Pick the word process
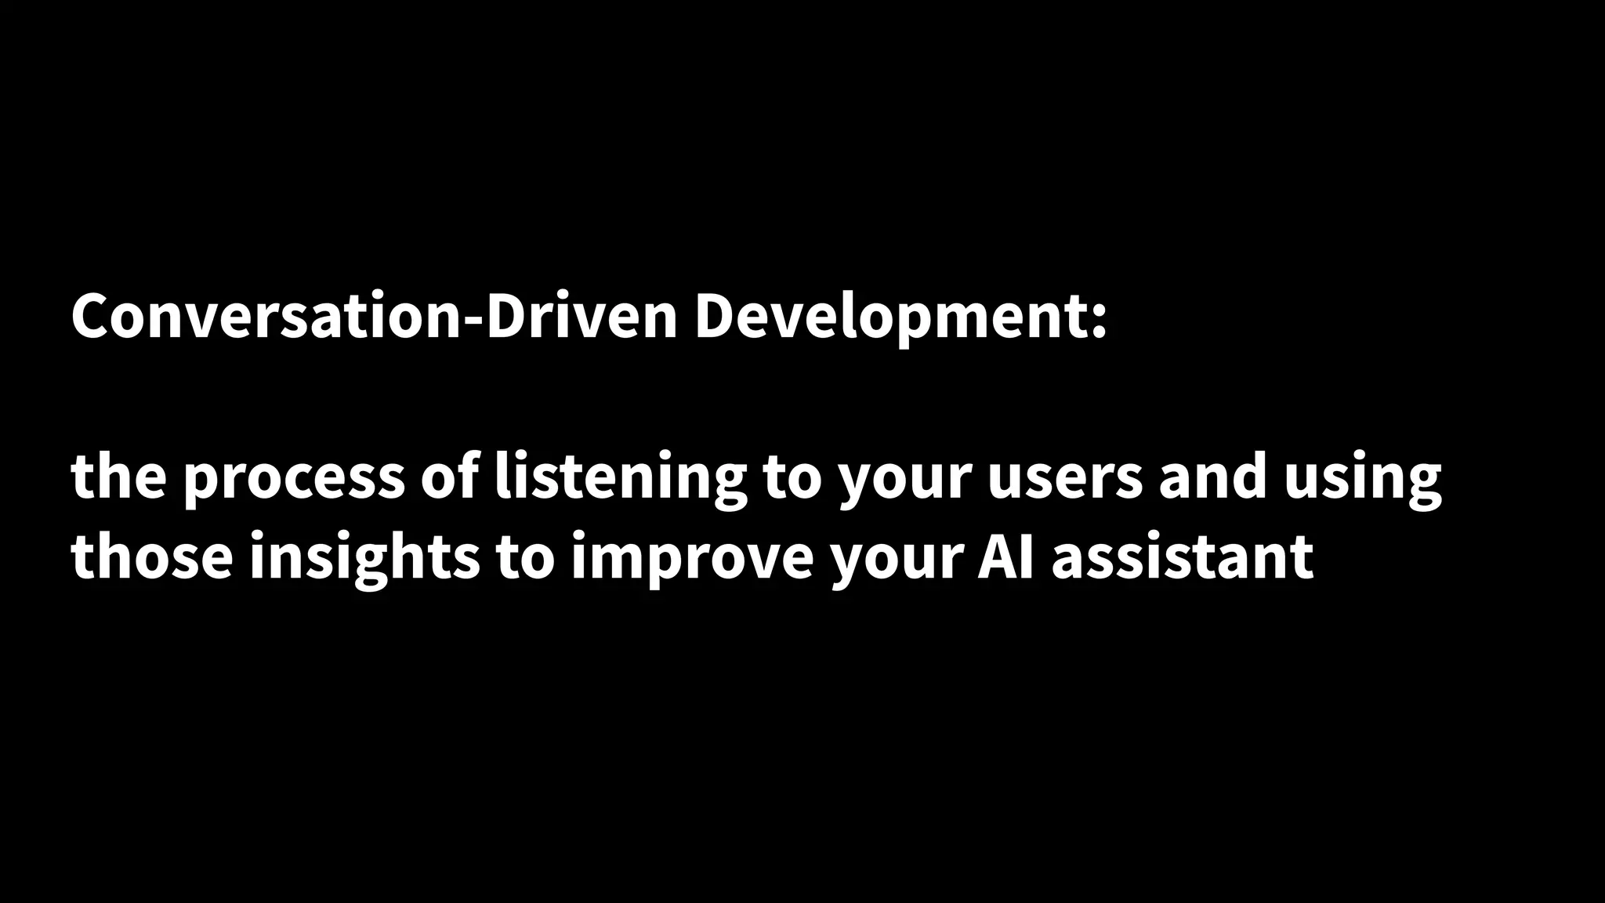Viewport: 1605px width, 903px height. [x=293, y=478]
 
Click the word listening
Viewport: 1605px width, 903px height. [x=620, y=478]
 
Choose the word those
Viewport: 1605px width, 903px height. [x=152, y=557]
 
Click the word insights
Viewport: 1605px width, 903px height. [x=364, y=557]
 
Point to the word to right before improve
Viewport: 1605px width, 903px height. [x=525, y=557]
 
